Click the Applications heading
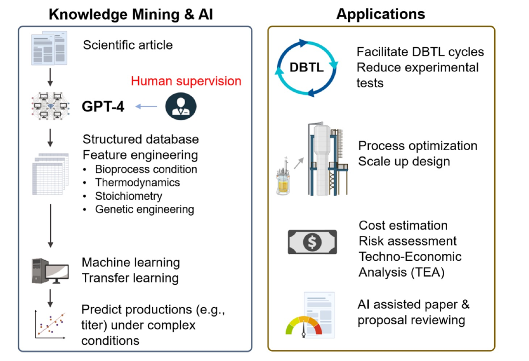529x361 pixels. [x=381, y=14]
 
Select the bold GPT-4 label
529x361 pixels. [x=103, y=106]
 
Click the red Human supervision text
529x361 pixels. [x=186, y=81]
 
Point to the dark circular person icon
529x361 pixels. [x=181, y=106]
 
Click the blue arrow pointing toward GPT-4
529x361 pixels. [x=146, y=106]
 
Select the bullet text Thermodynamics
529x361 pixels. [x=138, y=182]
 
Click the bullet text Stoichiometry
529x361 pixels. [x=129, y=196]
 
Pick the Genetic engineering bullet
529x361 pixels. [x=144, y=209]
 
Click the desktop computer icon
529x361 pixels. [x=49, y=271]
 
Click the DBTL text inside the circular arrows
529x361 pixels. [x=307, y=68]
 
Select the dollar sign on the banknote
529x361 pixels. [x=312, y=242]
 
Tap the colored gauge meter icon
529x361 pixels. [x=304, y=325]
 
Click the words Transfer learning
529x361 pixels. [x=130, y=278]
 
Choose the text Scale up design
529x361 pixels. [x=404, y=161]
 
